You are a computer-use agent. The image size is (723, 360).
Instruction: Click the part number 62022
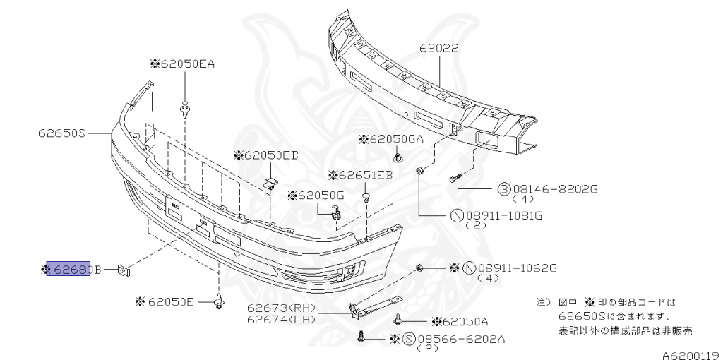[438, 49]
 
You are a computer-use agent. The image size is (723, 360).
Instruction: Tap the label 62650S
[62, 132]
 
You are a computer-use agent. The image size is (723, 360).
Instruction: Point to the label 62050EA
[186, 64]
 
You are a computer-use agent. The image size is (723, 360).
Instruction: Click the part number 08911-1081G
[506, 215]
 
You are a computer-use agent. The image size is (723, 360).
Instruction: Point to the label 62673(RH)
[281, 309]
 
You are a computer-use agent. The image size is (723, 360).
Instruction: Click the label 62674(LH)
[281, 320]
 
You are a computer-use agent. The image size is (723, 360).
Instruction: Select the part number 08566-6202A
[463, 340]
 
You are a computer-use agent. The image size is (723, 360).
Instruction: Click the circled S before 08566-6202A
[408, 340]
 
